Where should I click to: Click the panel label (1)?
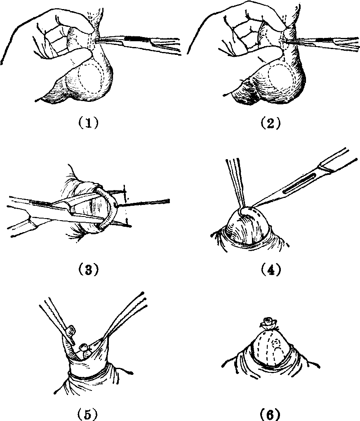(88, 123)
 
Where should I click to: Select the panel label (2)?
(271, 123)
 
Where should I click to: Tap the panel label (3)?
(88, 270)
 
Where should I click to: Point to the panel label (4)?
(271, 270)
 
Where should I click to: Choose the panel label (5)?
(88, 415)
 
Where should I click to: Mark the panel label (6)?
(271, 415)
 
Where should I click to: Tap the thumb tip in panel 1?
(90, 52)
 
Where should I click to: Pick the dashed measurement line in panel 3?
(126, 205)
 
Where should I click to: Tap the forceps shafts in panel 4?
(236, 183)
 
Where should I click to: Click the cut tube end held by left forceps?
(71, 330)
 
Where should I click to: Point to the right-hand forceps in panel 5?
(125, 315)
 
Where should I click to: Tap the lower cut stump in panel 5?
(85, 348)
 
